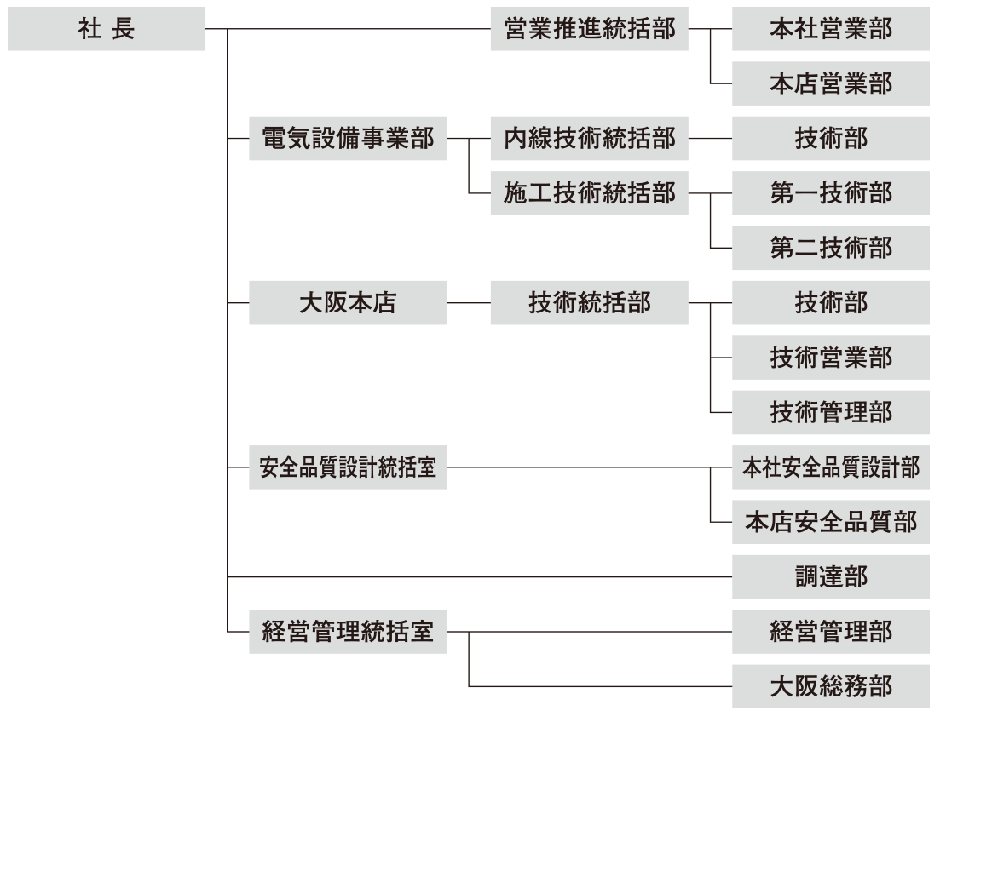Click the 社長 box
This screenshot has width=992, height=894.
coord(107,29)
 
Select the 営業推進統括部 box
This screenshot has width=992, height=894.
coord(589,29)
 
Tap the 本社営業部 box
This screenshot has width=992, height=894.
coord(830,29)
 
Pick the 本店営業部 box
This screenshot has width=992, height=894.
coord(830,83)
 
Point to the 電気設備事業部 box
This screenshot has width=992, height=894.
coord(348,138)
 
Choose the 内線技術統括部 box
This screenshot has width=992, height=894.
coord(589,138)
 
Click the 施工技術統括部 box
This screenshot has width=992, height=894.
coord(589,193)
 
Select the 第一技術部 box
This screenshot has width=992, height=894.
coord(830,193)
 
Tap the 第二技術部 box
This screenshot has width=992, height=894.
coord(830,248)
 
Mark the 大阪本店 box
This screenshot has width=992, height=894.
coord(348,302)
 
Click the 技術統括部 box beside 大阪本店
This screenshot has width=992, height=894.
coord(589,302)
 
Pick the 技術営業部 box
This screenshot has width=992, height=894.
coord(830,358)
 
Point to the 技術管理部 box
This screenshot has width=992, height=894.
coord(830,412)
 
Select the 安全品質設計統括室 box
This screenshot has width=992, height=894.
coord(348,467)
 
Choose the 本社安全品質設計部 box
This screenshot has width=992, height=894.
coord(830,467)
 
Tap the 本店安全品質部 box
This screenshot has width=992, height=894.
coord(830,522)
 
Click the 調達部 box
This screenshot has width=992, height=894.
coord(830,576)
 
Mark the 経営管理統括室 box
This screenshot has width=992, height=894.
coord(348,632)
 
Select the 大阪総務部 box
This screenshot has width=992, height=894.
coord(830,686)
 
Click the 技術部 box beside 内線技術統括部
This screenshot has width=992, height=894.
coord(830,138)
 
